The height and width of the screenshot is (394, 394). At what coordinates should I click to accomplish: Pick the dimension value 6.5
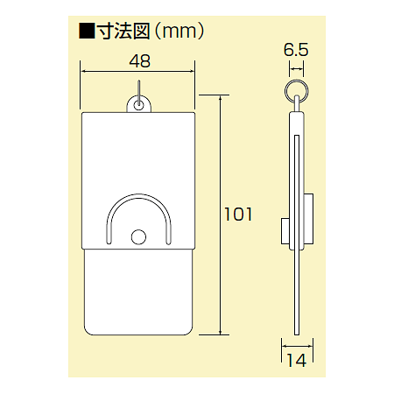[x=297, y=52]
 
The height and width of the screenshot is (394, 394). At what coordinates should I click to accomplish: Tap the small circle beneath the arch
[x=138, y=236]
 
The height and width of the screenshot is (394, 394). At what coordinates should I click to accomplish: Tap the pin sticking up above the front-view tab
[x=138, y=88]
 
